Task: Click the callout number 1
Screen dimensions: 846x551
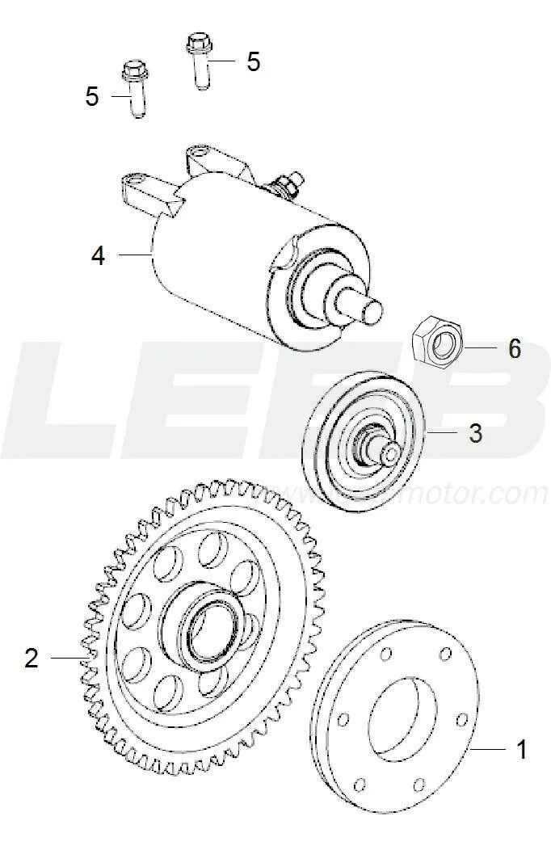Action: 521,749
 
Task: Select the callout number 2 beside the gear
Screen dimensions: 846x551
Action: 31,658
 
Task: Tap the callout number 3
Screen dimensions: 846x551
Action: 475,433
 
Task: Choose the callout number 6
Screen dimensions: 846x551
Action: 514,349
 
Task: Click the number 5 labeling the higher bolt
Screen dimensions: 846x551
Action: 253,61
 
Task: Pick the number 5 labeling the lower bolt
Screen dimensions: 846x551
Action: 92,97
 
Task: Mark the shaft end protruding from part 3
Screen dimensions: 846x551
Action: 389,453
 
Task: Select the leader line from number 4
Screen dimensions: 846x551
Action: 133,255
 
